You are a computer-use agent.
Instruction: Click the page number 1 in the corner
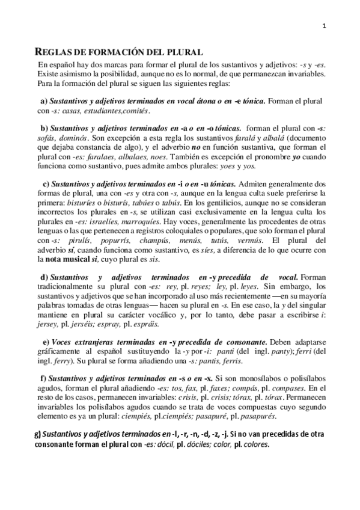[325, 25]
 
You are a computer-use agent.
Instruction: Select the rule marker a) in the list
[44, 101]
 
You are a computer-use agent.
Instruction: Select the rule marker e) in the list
[46, 342]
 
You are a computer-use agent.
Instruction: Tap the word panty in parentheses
[252, 351]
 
